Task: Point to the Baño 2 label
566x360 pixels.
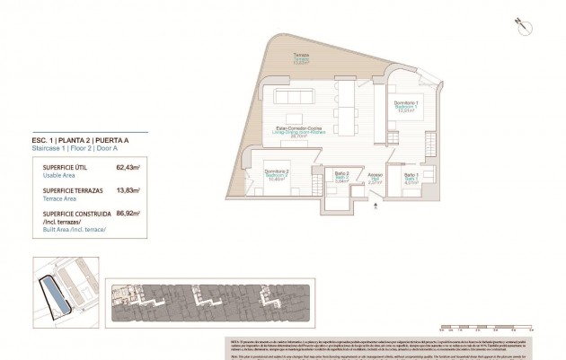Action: (340, 177)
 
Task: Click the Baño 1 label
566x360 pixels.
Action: (411, 177)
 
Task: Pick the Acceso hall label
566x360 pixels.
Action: (376, 177)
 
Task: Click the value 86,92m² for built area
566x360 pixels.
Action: (129, 215)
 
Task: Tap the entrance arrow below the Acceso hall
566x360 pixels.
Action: (381, 203)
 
